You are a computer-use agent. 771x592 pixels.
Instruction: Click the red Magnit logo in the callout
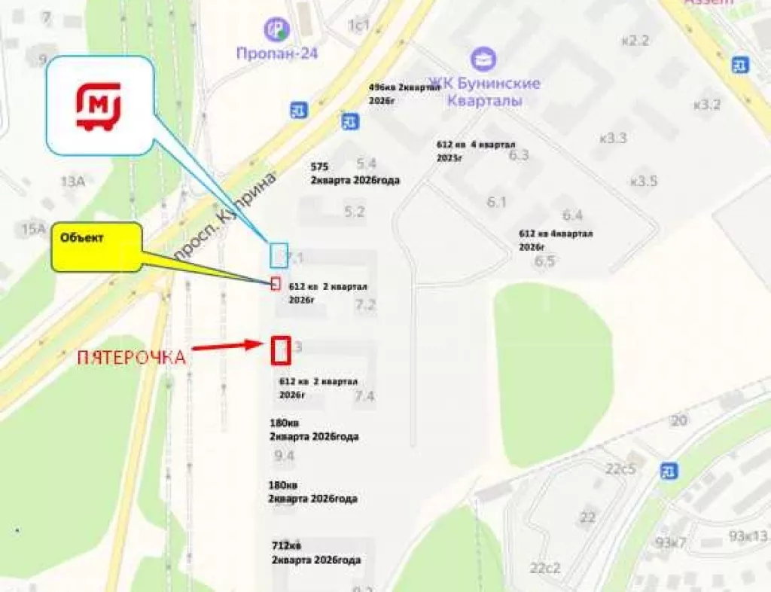[98, 106]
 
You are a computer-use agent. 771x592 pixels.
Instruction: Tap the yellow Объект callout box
[96, 246]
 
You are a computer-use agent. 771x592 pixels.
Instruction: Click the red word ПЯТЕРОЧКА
[131, 358]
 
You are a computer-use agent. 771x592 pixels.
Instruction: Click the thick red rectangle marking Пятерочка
[281, 350]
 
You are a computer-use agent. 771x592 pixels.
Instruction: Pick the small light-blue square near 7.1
[279, 255]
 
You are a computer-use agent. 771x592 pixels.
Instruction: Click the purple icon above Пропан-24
[276, 29]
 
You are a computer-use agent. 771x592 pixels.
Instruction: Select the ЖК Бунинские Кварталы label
[484, 90]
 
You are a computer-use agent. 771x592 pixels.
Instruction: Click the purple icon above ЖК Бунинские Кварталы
[482, 58]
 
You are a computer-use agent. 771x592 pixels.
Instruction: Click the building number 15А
[33, 229]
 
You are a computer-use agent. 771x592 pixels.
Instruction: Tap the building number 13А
[73, 181]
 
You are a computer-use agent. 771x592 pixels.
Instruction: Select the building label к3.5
[644, 181]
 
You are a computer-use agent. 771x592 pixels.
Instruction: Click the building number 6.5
[544, 261]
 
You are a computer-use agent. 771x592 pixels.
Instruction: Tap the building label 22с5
[621, 468]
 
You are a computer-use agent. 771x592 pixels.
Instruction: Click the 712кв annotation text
[286, 545]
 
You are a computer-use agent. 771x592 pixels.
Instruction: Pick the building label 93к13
[748, 536]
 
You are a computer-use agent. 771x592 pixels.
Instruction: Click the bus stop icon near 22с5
[668, 471]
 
